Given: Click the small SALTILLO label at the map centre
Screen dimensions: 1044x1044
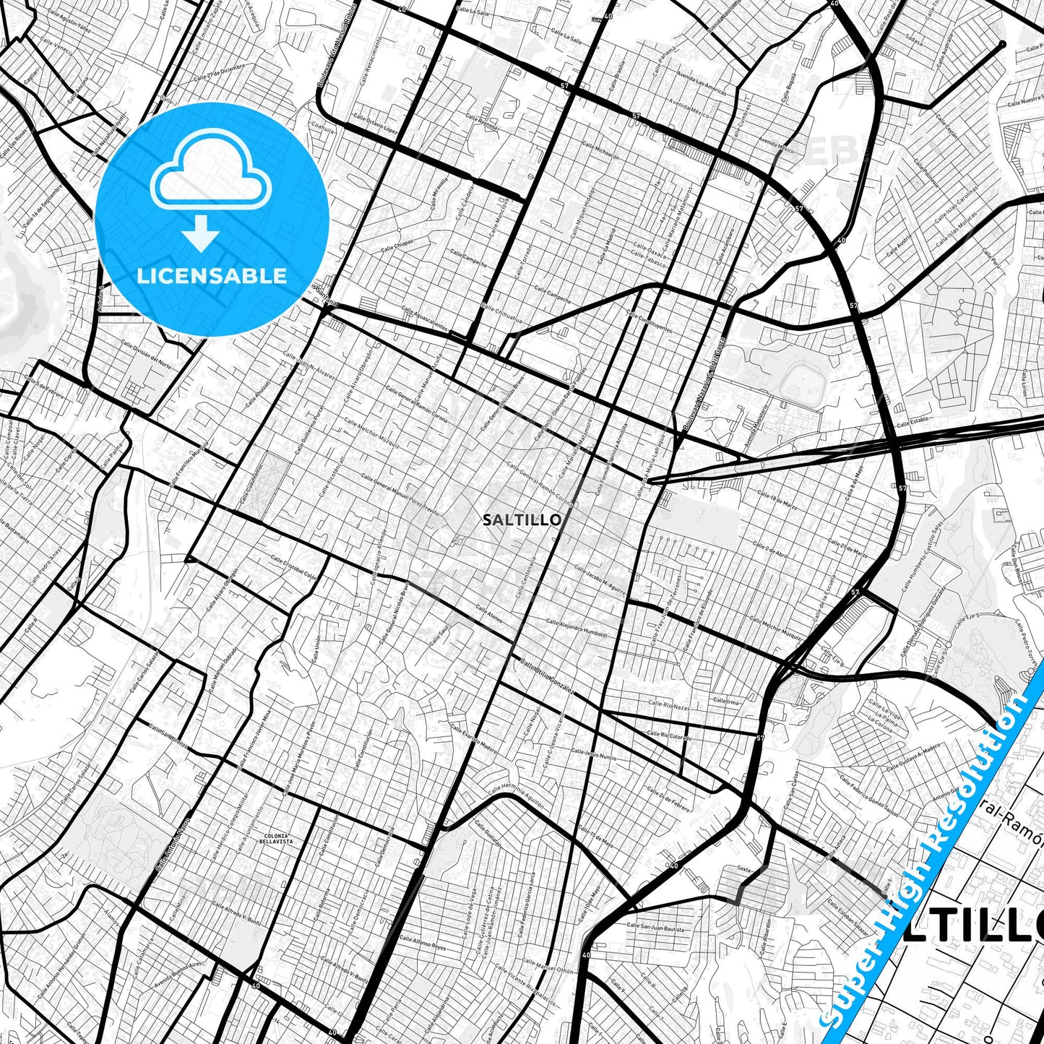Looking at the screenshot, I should pyautogui.click(x=521, y=519).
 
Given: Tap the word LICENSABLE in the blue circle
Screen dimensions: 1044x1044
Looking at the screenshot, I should pyautogui.click(x=212, y=275).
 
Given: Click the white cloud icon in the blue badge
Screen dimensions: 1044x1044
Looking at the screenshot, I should pyautogui.click(x=211, y=177).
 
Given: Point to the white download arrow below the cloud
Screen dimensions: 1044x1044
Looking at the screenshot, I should pyautogui.click(x=200, y=233).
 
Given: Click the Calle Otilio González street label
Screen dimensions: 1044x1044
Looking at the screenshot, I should pyautogui.click(x=546, y=676).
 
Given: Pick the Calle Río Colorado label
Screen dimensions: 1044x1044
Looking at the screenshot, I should pyautogui.click(x=669, y=735).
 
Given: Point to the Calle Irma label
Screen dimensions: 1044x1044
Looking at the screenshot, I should pyautogui.click(x=725, y=701).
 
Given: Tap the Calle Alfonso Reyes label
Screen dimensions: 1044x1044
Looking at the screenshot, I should pyautogui.click(x=423, y=941).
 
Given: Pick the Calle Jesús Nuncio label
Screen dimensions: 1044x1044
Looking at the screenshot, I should pyautogui.click(x=593, y=755).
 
